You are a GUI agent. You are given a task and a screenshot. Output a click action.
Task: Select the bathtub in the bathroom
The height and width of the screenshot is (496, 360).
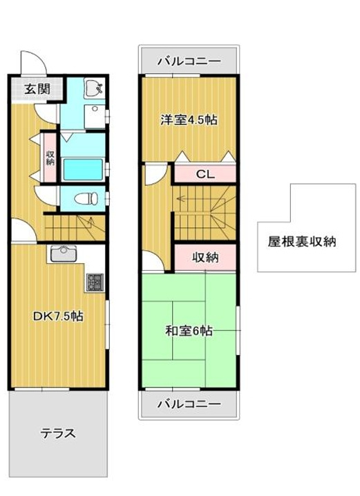click(x=82, y=169)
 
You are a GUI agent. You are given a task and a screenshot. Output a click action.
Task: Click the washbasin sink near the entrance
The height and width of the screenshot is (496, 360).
click(x=93, y=88)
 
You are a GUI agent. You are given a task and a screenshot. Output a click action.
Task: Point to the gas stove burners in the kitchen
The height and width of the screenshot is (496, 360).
click(x=94, y=282)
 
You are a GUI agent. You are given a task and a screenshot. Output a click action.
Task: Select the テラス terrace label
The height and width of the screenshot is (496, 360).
click(x=57, y=434)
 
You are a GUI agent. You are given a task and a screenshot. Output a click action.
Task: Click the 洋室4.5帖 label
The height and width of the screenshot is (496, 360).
click(x=189, y=120)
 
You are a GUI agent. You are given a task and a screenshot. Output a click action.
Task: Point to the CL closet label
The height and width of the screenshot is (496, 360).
click(x=205, y=174)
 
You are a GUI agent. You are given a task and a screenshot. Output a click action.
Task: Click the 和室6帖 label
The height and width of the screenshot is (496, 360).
click(x=189, y=330)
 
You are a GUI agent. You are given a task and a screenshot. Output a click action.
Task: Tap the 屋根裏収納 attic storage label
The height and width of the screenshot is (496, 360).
click(x=302, y=242)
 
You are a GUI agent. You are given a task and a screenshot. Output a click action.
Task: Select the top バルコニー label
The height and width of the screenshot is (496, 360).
click(x=189, y=61)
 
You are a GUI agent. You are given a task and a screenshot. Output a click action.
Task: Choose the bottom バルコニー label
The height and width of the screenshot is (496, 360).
click(x=189, y=403)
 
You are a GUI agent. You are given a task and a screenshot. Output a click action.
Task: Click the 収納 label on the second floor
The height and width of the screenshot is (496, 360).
click(x=205, y=258)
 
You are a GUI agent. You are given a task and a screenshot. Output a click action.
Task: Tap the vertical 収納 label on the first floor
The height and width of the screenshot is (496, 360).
click(x=50, y=158)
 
